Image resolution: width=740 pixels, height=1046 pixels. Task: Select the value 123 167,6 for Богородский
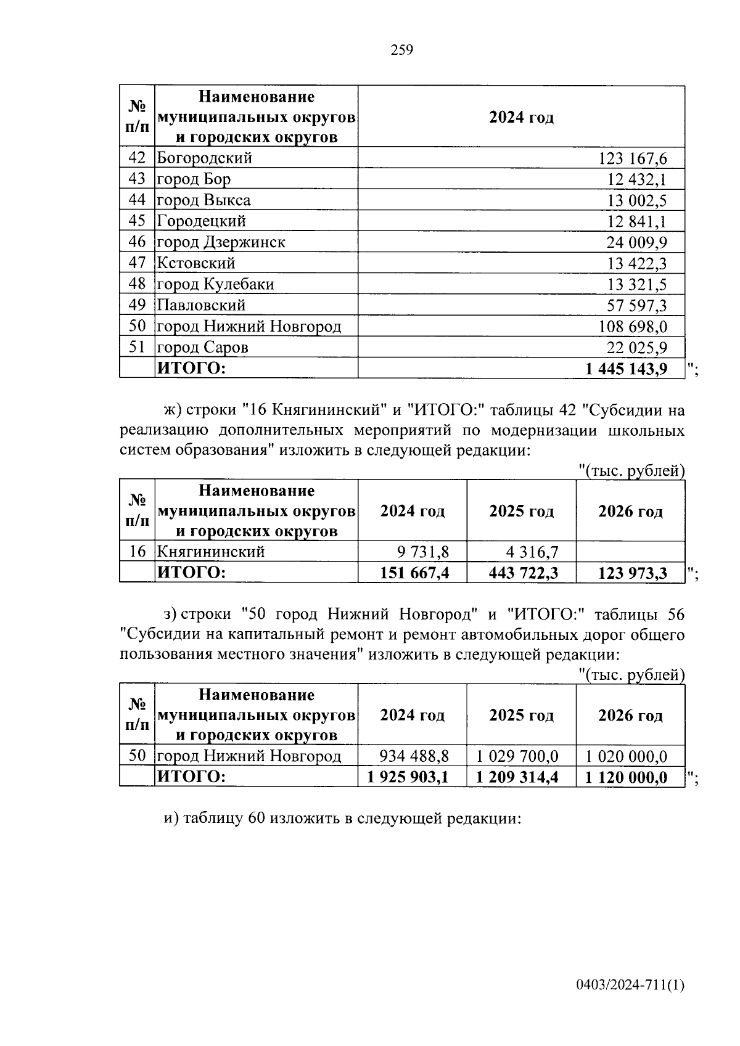pyautogui.click(x=632, y=158)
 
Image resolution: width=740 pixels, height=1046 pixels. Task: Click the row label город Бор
pyautogui.click(x=194, y=179)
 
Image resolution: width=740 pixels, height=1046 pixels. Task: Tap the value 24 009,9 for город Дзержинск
pyautogui.click(x=636, y=242)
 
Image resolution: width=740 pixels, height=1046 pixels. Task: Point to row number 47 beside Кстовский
pyautogui.click(x=137, y=263)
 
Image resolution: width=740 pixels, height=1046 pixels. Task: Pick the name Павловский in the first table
pyautogui.click(x=201, y=305)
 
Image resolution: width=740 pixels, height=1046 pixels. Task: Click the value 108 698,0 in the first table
pyautogui.click(x=632, y=326)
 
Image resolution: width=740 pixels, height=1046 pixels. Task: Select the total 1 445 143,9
pyautogui.click(x=626, y=369)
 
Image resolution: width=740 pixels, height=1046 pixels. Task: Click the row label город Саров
pyautogui.click(x=202, y=347)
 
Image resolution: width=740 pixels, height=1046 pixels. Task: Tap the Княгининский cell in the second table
pyautogui.click(x=210, y=551)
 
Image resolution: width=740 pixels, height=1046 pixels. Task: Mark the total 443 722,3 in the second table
pyautogui.click(x=523, y=573)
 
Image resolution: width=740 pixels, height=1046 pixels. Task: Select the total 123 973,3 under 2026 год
pyautogui.click(x=632, y=573)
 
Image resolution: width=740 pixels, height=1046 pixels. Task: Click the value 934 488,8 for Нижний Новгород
pyautogui.click(x=414, y=756)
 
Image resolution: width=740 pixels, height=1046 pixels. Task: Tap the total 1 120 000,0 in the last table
pyautogui.click(x=626, y=777)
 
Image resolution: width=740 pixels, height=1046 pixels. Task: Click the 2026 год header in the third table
pyautogui.click(x=630, y=715)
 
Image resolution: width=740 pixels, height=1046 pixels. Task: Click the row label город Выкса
pyautogui.click(x=203, y=200)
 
